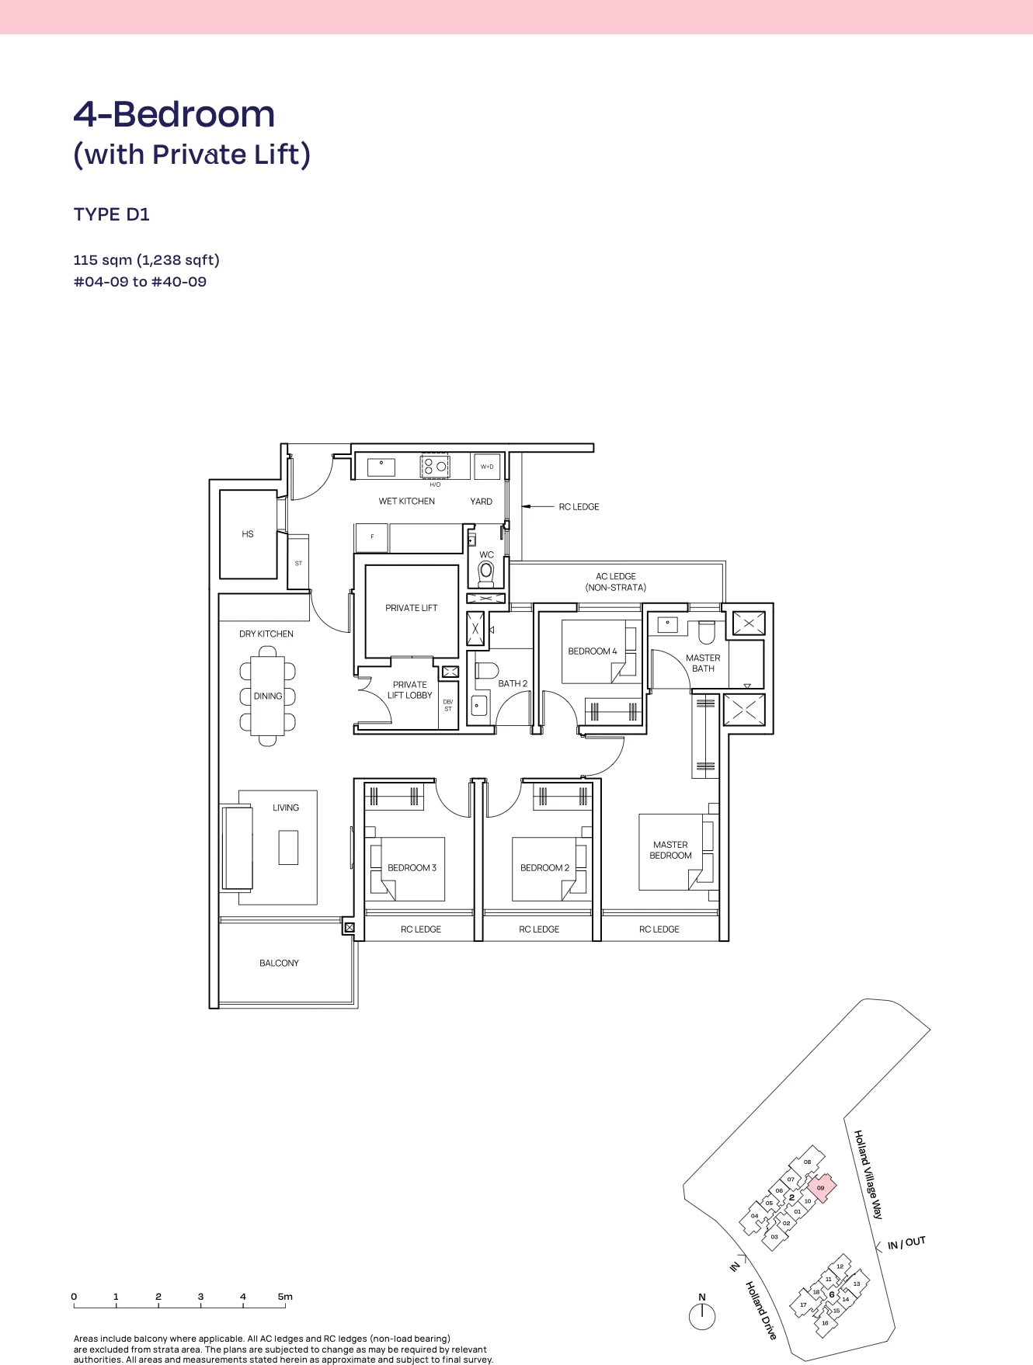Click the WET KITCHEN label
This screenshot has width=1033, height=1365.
(406, 502)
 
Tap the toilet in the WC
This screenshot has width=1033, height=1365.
(486, 571)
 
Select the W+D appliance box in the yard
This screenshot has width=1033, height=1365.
(487, 467)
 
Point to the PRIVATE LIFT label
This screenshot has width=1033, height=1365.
(411, 608)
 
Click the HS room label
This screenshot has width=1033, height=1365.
(248, 534)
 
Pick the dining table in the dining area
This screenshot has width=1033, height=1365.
(268, 696)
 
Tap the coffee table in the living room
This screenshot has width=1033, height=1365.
(288, 847)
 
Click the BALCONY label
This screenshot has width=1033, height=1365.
(279, 964)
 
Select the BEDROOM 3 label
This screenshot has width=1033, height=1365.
(412, 868)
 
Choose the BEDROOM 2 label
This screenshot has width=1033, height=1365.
(544, 868)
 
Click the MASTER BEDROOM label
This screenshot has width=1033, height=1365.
(670, 850)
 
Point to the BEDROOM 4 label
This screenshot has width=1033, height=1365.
(592, 651)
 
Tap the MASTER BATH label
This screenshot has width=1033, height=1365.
(703, 663)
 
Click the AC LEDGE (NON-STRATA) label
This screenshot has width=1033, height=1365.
(616, 582)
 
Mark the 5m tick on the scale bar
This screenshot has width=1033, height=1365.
(285, 1304)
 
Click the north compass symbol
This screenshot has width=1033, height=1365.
(702, 1316)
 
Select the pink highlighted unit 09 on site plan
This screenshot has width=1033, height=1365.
(821, 1187)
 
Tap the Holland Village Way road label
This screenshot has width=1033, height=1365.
(868, 1174)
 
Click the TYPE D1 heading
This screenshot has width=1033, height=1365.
(112, 214)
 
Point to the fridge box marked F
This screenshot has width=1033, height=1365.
(372, 537)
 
